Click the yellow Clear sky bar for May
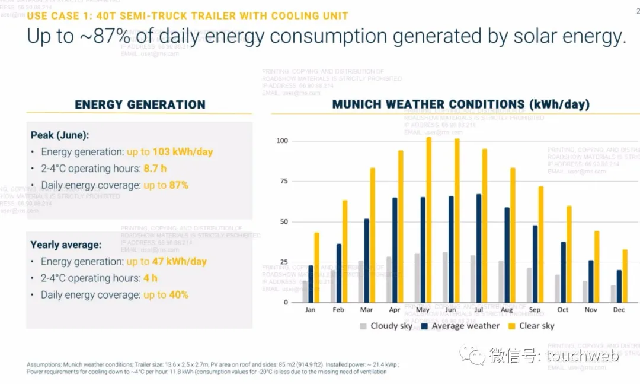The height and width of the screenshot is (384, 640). (x=429, y=220)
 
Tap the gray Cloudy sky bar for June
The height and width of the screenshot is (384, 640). (x=445, y=277)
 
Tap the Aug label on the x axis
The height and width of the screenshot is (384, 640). (x=506, y=310)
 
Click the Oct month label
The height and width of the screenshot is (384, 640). (x=562, y=310)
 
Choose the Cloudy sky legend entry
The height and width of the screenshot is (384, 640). (x=386, y=326)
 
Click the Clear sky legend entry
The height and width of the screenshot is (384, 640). (x=530, y=326)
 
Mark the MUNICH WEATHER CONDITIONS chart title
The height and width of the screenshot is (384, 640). (x=460, y=104)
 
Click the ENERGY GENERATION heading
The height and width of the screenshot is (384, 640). (x=140, y=105)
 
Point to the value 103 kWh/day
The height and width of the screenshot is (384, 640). (x=183, y=152)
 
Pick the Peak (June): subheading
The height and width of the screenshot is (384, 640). (x=60, y=135)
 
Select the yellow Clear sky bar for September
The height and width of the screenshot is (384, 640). (x=541, y=245)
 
